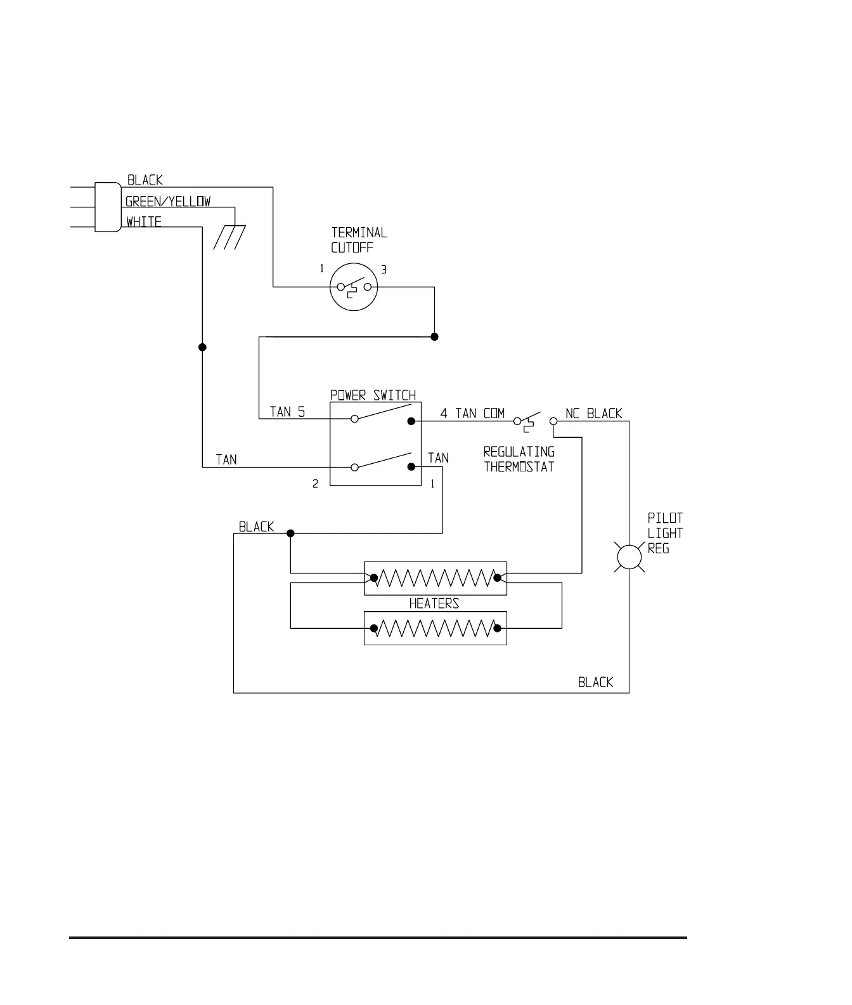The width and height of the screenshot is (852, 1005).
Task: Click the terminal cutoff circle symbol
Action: (354, 287)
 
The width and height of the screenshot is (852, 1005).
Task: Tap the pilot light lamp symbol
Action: (629, 557)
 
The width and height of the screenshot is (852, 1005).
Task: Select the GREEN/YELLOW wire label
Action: (168, 202)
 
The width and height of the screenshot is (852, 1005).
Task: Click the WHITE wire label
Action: (144, 222)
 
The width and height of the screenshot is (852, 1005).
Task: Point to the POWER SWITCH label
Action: (373, 395)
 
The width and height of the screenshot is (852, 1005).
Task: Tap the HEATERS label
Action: (434, 603)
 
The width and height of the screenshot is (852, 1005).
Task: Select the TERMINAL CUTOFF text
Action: (359, 240)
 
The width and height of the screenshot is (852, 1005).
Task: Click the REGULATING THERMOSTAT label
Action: (519, 459)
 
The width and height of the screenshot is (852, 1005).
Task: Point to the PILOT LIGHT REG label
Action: (665, 534)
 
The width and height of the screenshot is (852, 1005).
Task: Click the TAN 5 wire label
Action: (287, 412)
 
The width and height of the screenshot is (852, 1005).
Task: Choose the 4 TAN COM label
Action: (472, 414)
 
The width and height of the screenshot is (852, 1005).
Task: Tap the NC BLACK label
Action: (593, 414)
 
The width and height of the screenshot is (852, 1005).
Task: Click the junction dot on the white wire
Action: (202, 347)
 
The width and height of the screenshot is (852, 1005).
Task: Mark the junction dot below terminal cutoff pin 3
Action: (434, 337)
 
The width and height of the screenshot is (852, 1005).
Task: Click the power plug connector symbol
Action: (107, 207)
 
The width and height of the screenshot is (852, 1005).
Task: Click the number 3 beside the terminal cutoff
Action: (384, 270)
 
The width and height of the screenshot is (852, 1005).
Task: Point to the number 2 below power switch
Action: (315, 484)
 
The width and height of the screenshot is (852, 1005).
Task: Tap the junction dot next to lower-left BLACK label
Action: (290, 533)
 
